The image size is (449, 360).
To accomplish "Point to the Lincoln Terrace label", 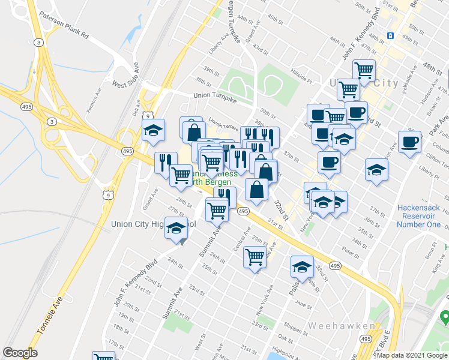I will (224, 119).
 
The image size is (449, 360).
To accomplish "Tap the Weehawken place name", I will (341, 326).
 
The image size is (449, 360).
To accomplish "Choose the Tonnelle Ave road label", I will (50, 321).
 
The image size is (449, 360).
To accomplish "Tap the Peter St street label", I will (350, 248).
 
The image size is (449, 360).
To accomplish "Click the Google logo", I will (20, 353).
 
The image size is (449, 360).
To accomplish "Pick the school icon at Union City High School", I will (176, 229).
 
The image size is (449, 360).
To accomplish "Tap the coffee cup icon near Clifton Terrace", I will (411, 142).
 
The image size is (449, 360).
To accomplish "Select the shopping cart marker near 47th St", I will (364, 70).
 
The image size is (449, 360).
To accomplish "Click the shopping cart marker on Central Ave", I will (255, 257).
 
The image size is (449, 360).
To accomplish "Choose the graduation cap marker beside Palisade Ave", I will (302, 266).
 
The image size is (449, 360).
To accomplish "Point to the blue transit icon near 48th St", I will (390, 35).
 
